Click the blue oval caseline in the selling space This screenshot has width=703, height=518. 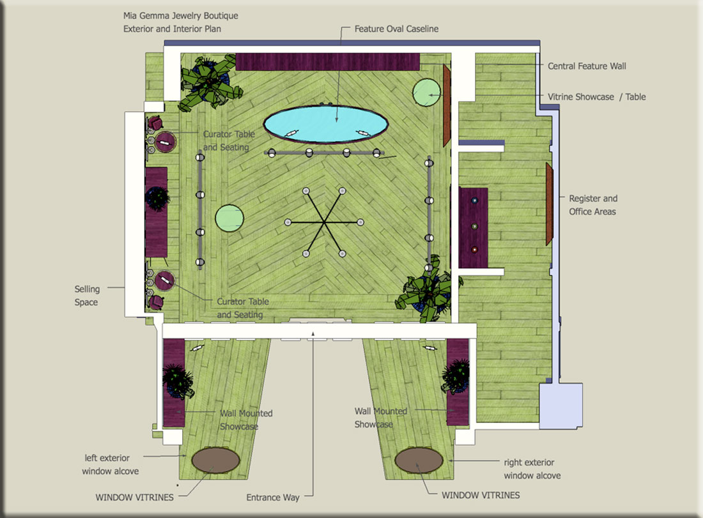click(x=326, y=124)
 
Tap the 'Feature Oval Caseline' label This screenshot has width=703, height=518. click(x=396, y=29)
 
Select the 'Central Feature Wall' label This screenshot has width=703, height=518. click(x=587, y=66)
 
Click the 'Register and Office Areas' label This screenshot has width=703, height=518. click(x=592, y=205)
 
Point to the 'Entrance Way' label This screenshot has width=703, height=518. click(x=273, y=498)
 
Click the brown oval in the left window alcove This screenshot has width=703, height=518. click(x=215, y=460)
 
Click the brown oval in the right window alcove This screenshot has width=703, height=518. click(x=419, y=460)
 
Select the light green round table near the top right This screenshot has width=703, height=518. click(x=426, y=93)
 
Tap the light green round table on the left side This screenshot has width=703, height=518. click(x=229, y=218)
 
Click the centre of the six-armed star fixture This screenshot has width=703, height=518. click(x=324, y=222)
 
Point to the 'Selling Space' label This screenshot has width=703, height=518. click(x=86, y=295)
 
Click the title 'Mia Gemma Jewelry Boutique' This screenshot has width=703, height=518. click(x=181, y=16)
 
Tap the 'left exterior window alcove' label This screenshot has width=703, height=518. click(x=111, y=464)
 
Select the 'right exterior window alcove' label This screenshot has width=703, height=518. click(x=532, y=469)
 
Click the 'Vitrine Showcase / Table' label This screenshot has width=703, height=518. click(x=597, y=96)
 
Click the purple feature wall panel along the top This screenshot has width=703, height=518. click(x=327, y=62)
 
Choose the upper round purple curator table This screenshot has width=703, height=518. click(x=166, y=142)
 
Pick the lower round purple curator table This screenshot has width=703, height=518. click(x=164, y=281)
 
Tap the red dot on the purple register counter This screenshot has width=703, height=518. click(x=474, y=249)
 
